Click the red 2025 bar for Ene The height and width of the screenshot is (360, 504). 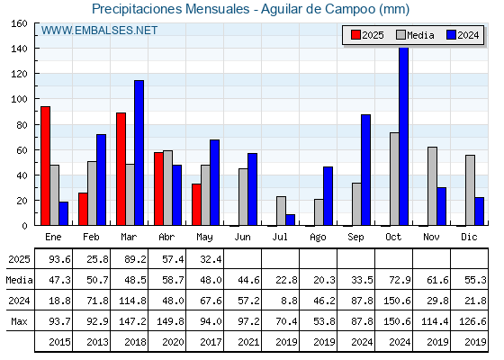tap(45, 166)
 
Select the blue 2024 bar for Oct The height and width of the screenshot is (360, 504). tap(404, 136)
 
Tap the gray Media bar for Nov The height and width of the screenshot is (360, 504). tap(432, 186)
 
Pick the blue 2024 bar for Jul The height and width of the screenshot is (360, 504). tap(290, 220)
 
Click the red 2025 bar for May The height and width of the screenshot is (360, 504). tap(196, 205)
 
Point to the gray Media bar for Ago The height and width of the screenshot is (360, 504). tap(319, 212)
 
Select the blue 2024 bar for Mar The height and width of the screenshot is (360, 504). tap(139, 153)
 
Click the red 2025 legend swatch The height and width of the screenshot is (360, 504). tap(355, 35)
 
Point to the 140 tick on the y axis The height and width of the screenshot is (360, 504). tap(36, 49)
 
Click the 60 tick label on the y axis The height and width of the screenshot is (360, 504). tap(22, 150)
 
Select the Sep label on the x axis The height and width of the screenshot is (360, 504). tap(355, 238)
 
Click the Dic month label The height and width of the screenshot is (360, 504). tap(469, 237)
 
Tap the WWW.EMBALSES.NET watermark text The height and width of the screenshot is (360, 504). tap(99, 31)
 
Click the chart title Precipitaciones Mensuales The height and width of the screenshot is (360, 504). tap(171, 9)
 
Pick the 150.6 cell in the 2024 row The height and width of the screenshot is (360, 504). tap(397, 301)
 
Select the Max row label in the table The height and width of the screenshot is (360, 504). tap(19, 321)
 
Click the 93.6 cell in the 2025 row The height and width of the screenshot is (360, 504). tap(59, 259)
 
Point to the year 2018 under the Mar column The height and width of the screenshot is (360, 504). tap(135, 342)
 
